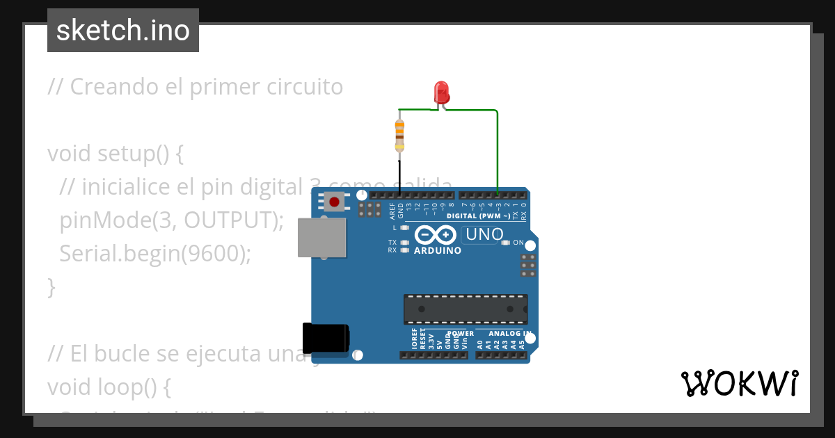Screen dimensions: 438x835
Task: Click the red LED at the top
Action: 441,92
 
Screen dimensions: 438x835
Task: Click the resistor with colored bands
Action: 399,135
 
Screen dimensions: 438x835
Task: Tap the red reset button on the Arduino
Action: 335,202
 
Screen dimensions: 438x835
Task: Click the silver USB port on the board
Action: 321,237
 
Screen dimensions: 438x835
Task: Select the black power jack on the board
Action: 326,337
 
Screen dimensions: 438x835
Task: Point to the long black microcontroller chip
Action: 466,309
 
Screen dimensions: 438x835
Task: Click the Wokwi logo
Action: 739,384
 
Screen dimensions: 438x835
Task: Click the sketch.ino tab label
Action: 123,31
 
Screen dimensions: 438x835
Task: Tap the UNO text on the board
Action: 484,235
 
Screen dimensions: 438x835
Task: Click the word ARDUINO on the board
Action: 437,250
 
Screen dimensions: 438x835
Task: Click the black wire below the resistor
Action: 399,173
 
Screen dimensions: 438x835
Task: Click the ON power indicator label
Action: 518,243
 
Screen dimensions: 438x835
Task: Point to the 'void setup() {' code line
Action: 116,154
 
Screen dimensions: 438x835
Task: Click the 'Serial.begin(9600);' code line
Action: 154,254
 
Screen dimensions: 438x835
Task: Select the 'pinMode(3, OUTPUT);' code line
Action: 172,220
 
